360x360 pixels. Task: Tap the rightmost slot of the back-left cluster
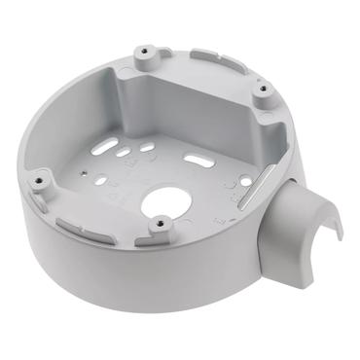coord(146,148)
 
